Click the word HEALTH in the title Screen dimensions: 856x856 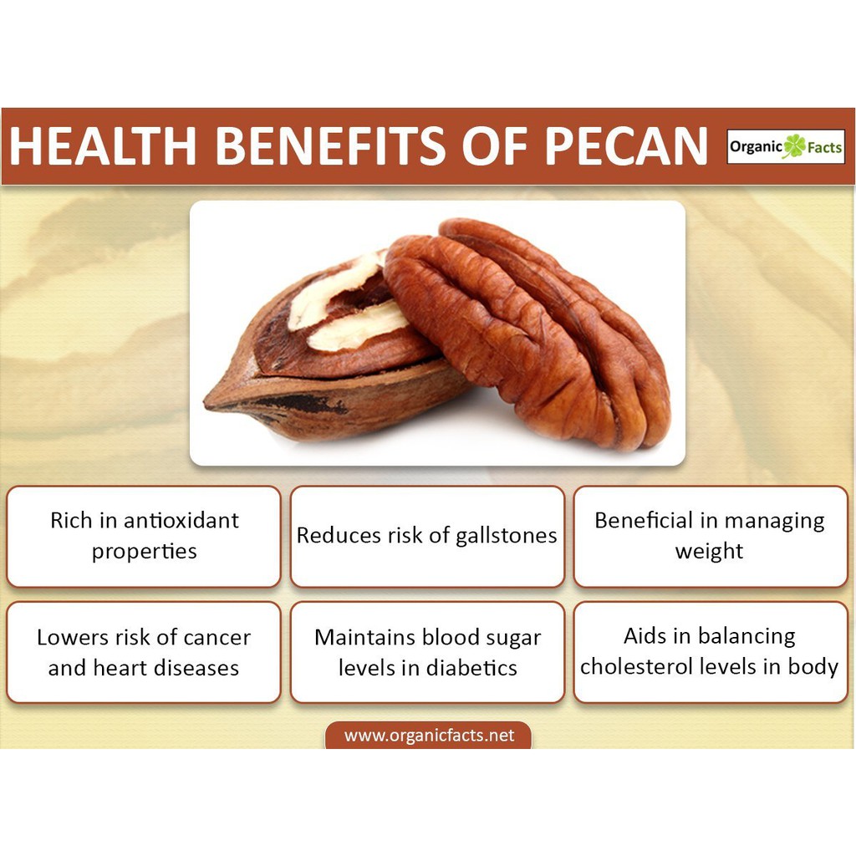(103, 145)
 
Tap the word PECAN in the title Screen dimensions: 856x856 (625, 145)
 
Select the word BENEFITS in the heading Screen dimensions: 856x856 (332, 145)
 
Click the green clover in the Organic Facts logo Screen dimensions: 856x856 (795, 146)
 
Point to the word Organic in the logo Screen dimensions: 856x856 (756, 147)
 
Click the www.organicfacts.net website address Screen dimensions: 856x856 (429, 736)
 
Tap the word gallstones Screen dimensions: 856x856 (506, 536)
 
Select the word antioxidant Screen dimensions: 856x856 (181, 520)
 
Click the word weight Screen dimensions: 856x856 (709, 552)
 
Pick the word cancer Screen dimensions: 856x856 (217, 638)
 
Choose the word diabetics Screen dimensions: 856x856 (471, 668)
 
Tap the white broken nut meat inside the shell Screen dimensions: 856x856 (349, 306)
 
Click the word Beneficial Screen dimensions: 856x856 (644, 520)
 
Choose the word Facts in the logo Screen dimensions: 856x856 (824, 147)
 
